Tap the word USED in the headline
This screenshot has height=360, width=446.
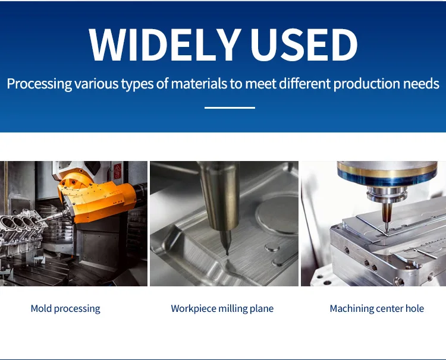(x=304, y=45)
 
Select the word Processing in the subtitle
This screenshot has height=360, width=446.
(x=39, y=84)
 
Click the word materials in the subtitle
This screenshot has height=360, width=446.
(x=199, y=84)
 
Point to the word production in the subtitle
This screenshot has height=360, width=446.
(x=367, y=84)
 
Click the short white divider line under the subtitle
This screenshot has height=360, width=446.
(x=230, y=108)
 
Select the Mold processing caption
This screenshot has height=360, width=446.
(x=65, y=308)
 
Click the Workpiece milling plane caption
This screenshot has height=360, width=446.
(x=222, y=308)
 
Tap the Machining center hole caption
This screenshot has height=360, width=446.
(x=377, y=308)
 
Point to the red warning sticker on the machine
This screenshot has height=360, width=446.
(x=118, y=171)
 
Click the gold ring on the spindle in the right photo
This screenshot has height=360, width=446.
(x=387, y=170)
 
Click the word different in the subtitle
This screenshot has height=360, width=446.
(x=304, y=84)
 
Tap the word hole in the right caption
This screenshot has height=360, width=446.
(x=414, y=308)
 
